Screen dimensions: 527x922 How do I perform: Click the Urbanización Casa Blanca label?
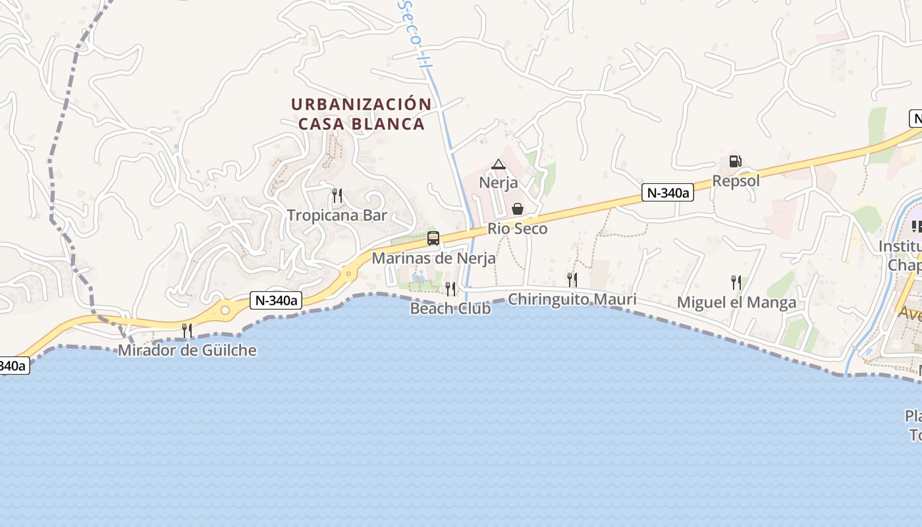(x=361, y=114)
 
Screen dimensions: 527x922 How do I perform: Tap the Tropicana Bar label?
(x=337, y=215)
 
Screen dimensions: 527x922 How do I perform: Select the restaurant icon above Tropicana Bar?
(x=337, y=195)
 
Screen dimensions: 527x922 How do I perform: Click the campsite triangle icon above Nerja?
(x=499, y=164)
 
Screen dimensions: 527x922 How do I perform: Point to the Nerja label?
(x=499, y=182)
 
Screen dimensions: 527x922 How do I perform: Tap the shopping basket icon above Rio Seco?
(x=518, y=209)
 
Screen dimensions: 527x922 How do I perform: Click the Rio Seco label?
(x=518, y=229)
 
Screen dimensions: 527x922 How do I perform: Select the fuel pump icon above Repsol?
(x=735, y=161)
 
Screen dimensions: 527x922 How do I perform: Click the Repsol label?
(x=736, y=180)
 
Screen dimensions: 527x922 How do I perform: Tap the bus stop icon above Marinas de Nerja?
(x=433, y=238)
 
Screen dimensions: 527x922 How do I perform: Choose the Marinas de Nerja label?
(x=433, y=258)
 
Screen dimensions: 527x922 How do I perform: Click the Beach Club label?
(x=450, y=308)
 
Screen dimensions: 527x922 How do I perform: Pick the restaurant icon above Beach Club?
(x=450, y=289)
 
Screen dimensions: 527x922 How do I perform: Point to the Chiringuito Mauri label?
(x=572, y=300)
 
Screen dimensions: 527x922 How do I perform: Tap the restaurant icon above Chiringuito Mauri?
(x=572, y=280)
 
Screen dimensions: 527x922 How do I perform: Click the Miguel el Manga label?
(x=736, y=302)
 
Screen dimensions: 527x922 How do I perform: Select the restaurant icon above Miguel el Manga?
(x=736, y=283)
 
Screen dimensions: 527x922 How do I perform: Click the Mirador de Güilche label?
(x=187, y=350)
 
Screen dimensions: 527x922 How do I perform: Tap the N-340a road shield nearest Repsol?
(x=668, y=192)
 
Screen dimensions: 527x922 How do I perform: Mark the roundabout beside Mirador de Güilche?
(x=226, y=309)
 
